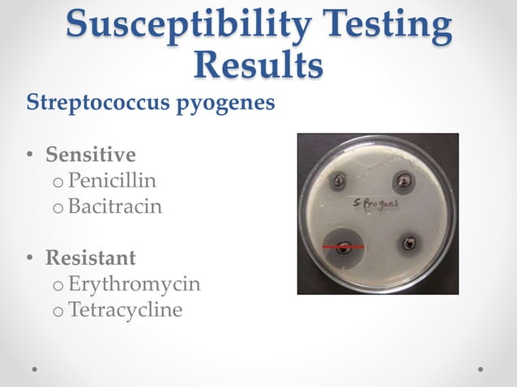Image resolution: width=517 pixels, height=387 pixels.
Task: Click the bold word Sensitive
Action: point(91,154)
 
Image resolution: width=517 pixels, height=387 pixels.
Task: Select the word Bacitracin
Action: point(115,206)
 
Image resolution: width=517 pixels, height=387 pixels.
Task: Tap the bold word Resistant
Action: point(91,258)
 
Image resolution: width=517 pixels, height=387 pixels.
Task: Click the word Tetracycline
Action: point(126,310)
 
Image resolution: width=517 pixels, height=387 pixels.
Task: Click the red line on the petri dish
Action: point(343,245)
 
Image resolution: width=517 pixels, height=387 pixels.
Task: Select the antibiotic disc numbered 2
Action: point(404,180)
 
